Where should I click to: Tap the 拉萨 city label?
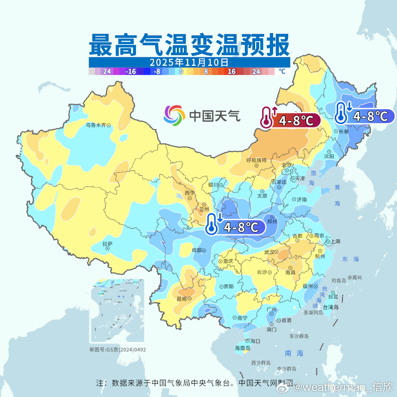point(107,244)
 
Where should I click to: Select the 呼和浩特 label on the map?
point(256,160)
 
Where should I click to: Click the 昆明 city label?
point(182,298)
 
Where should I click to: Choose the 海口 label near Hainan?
point(255,341)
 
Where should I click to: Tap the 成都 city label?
point(197,250)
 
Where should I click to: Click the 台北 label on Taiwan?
point(333,296)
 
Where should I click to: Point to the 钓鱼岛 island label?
point(339,280)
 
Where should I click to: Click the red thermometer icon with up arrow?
point(268,118)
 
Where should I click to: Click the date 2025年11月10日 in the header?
point(189,62)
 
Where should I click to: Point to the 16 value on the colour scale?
point(231,72)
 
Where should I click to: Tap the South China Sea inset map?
point(117,311)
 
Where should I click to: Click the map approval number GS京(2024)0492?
point(117,350)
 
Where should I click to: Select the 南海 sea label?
point(294,353)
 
